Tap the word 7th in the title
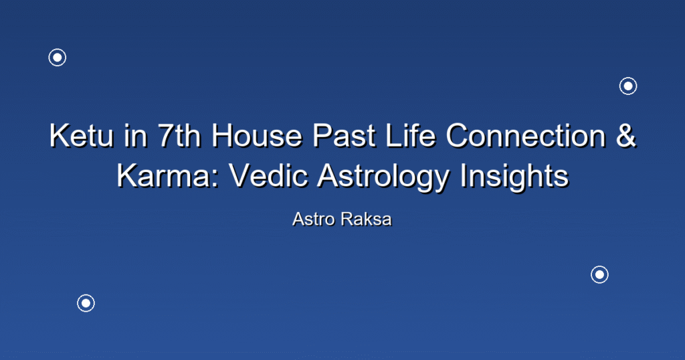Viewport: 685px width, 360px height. pyautogui.click(x=179, y=136)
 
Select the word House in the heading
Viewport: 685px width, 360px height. pyautogui.click(x=257, y=136)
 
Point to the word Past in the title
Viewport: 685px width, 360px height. pyautogui.click(x=345, y=136)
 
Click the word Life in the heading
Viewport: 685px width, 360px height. pyautogui.click(x=411, y=136)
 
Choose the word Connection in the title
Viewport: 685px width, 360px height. pyautogui.click(x=526, y=136)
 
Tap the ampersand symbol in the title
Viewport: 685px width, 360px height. pyautogui.click(x=626, y=136)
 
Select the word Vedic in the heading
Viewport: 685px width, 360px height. pyautogui.click(x=268, y=175)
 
